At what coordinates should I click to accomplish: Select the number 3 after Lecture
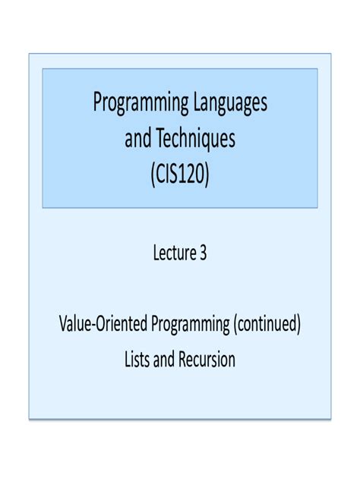coord(203,253)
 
